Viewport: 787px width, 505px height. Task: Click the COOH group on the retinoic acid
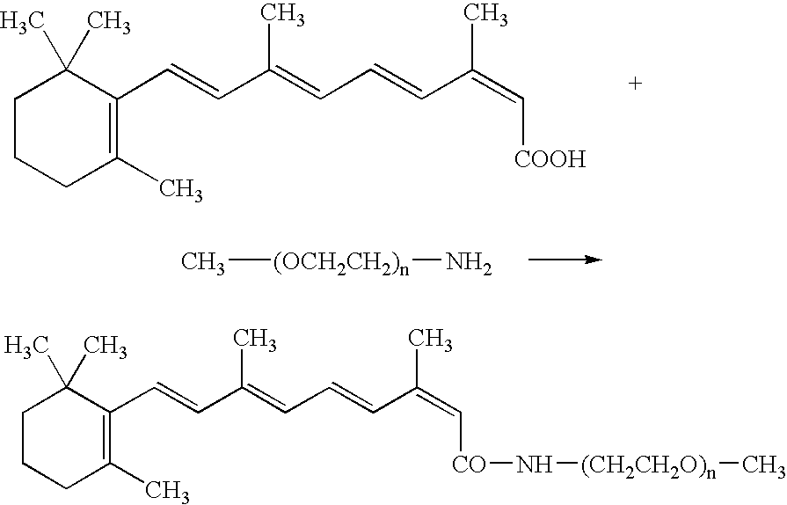550,159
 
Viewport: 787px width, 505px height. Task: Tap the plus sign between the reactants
636,84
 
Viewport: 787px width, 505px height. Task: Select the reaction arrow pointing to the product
565,260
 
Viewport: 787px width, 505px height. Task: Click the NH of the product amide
535,464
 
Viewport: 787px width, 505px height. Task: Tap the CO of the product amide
470,464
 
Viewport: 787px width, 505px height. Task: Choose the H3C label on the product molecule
26,346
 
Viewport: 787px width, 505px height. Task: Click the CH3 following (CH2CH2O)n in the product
764,465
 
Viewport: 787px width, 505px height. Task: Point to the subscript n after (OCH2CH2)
404,270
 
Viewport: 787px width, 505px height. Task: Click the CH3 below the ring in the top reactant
180,191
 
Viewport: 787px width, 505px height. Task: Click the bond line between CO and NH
501,465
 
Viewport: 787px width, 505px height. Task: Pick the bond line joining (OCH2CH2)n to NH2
427,260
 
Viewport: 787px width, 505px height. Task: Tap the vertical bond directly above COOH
522,122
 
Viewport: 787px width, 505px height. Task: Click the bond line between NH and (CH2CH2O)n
566,465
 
